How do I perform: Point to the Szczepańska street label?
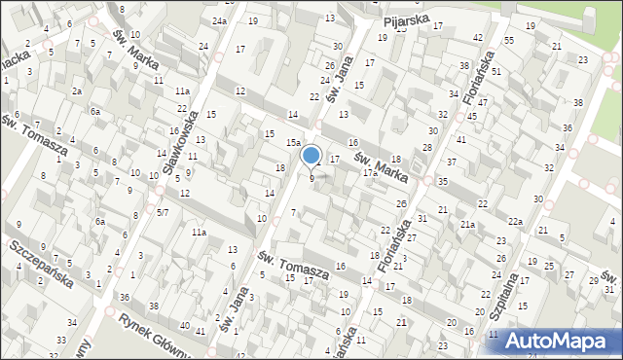point(44,262)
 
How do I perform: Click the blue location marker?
point(311,156)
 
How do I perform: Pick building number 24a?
point(221,20)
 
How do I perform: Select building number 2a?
point(76,90)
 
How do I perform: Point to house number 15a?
point(291,142)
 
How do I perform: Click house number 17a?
point(369,172)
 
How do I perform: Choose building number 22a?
point(514,222)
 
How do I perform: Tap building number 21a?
point(467,225)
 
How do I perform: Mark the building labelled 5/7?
point(163,212)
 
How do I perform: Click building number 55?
point(509,40)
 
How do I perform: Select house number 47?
point(483,102)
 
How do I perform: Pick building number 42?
point(477,37)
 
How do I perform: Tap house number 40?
point(185,324)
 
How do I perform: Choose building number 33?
point(60,340)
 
